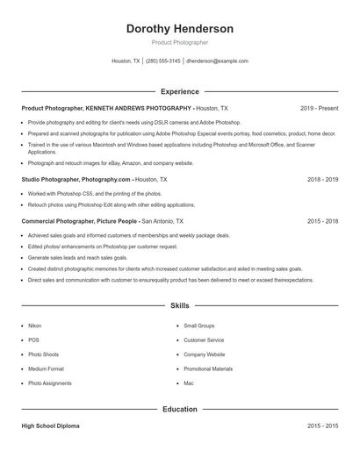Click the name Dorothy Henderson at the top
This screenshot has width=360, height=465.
point(179,29)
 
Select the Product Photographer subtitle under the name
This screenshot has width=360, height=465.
point(179,42)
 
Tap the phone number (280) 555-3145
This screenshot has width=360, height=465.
point(163,61)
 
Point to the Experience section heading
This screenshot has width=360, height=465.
point(179,91)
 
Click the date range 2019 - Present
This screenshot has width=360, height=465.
point(319,108)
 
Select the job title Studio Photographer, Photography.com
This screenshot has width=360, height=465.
point(76,179)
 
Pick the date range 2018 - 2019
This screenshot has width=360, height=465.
point(322,179)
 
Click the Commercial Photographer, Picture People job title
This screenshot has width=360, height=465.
point(80,221)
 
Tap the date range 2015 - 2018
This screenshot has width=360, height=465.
point(322,221)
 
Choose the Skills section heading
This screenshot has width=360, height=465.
point(179,306)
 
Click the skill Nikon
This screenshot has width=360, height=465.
point(34,325)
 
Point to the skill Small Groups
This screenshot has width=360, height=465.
point(198,325)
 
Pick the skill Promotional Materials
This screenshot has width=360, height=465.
point(208,368)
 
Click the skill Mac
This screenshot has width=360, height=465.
point(188,383)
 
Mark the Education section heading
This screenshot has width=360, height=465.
point(179,409)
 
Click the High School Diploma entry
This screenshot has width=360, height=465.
point(50,426)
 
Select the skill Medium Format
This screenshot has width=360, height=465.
point(46,368)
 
